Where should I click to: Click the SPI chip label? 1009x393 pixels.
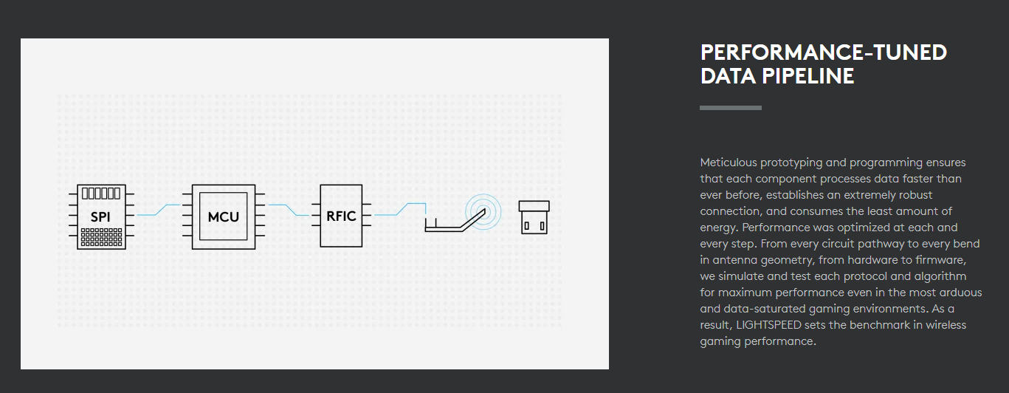[x=100, y=217]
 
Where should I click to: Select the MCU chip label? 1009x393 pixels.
[x=224, y=217]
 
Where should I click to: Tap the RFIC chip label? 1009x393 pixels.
[x=341, y=216]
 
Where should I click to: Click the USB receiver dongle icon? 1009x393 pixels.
[x=534, y=217]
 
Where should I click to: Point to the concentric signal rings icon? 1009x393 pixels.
[x=482, y=211]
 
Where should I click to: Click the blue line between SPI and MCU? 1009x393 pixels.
[x=159, y=210]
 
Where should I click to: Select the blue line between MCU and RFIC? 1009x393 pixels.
[x=288, y=210]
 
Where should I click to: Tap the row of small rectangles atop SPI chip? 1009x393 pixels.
[x=100, y=194]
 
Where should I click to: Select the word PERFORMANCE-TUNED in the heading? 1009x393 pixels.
[x=823, y=52]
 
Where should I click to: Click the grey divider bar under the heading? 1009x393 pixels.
[x=731, y=108]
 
